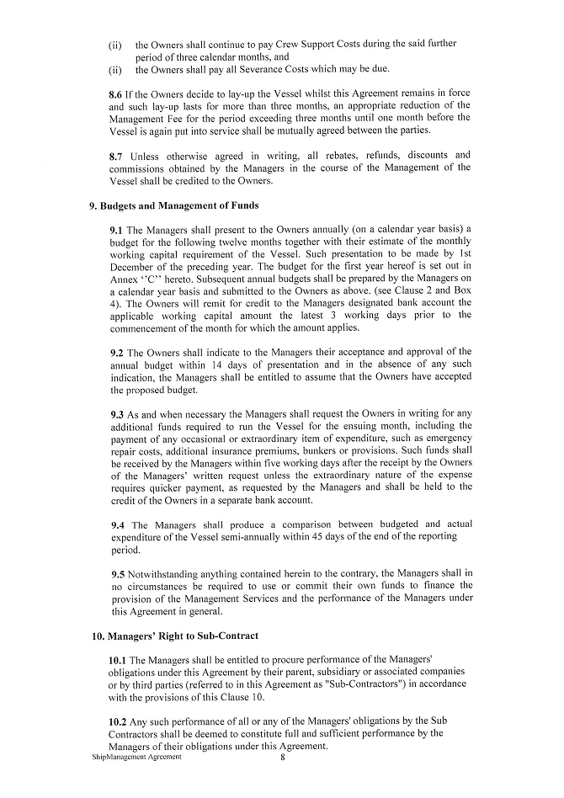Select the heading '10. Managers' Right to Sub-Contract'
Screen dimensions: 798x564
175,636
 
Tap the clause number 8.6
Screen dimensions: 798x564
118,95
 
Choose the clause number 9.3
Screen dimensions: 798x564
118,415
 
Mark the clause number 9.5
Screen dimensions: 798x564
118,574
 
